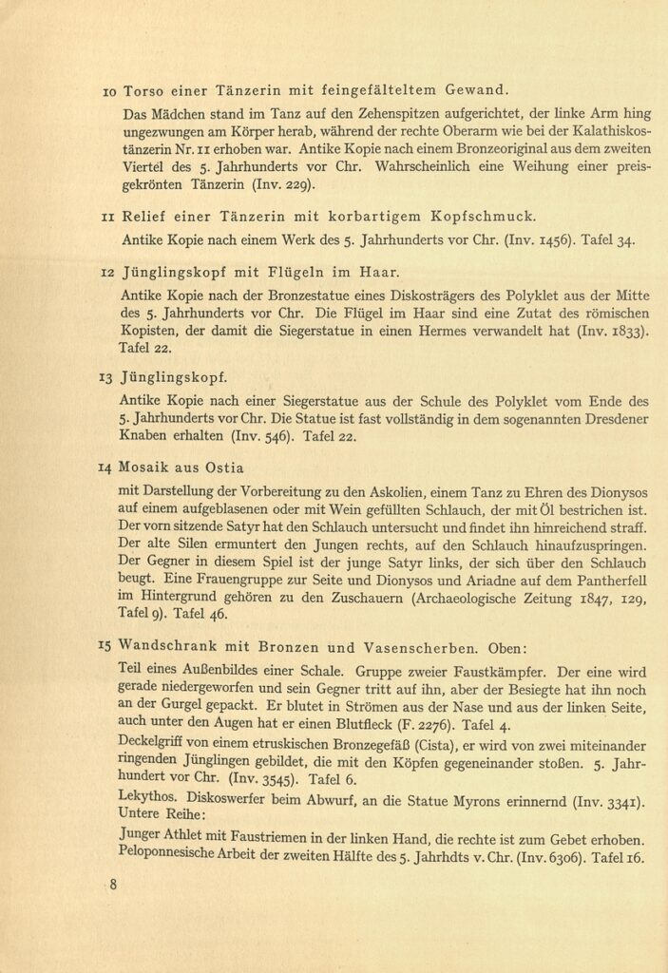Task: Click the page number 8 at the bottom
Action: tap(113, 886)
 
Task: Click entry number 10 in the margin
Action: tap(109, 91)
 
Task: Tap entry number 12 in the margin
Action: tap(108, 273)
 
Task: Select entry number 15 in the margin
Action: tap(105, 648)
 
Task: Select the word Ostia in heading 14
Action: tap(223, 467)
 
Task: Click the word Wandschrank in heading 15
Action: tap(164, 649)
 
